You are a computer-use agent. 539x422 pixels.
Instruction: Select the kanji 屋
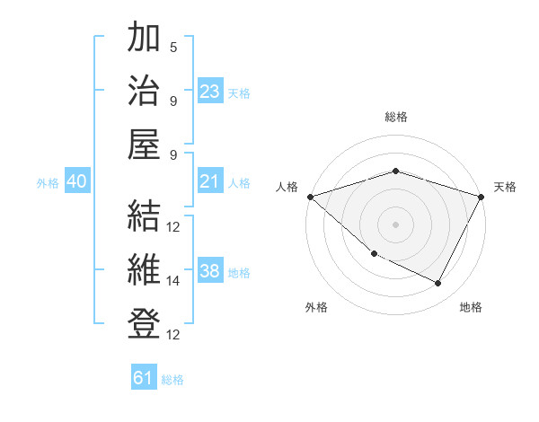[144, 145]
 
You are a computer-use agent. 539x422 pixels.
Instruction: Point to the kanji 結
[144, 216]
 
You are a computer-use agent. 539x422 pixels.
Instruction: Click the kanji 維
[144, 270]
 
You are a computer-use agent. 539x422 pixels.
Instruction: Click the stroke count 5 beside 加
[173, 47]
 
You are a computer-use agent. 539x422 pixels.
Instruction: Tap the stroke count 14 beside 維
[173, 281]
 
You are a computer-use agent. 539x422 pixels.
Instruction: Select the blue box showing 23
[210, 92]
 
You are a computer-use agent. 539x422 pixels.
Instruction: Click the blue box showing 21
[210, 182]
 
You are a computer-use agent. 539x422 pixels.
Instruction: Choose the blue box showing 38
[210, 272]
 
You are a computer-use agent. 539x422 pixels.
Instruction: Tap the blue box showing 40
[76, 182]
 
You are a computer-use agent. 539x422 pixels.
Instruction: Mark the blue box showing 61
[144, 378]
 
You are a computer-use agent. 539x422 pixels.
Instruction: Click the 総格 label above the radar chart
[395, 117]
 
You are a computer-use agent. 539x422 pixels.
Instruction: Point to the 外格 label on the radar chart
[316, 307]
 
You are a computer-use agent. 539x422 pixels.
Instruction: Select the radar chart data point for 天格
[482, 197]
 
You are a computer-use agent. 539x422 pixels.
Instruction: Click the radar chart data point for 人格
[310, 197]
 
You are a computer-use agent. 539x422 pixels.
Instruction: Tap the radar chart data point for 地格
[438, 283]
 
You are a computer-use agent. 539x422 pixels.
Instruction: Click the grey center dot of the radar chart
[395, 224]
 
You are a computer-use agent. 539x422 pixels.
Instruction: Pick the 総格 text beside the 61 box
[173, 380]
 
